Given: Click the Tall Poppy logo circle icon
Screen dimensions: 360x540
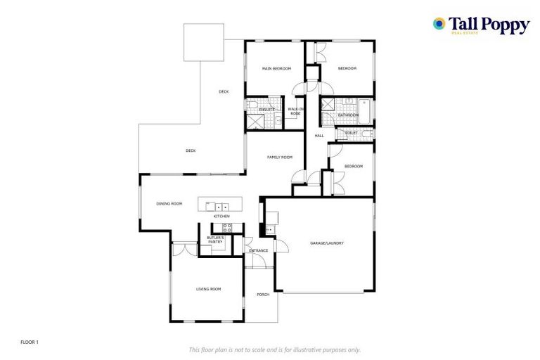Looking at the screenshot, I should [439, 24].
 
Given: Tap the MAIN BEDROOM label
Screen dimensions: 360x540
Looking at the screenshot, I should [276, 68].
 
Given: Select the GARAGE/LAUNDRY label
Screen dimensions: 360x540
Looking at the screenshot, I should [327, 243].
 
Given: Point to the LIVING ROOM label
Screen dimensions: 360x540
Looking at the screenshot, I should [208, 289].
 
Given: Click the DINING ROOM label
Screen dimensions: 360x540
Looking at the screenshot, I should [169, 204].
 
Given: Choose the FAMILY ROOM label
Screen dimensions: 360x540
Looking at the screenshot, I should [279, 157].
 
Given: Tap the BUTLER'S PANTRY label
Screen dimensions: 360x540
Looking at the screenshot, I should [215, 240].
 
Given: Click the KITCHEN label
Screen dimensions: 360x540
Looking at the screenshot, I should [221, 216].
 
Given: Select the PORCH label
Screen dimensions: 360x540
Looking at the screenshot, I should [263, 295].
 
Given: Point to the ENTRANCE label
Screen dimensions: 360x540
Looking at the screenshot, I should [259, 250].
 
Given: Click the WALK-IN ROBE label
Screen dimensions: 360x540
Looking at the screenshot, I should [296, 111].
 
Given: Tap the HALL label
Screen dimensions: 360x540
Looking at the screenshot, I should [319, 135].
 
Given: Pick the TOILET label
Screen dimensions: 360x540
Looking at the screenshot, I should [352, 132].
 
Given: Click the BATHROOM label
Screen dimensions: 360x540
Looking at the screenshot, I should [348, 115].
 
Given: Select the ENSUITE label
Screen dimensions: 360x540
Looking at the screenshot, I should [266, 109].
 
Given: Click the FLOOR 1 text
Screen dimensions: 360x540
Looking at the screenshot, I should [30, 342].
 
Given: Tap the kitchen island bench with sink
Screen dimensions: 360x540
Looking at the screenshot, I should [221, 205].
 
